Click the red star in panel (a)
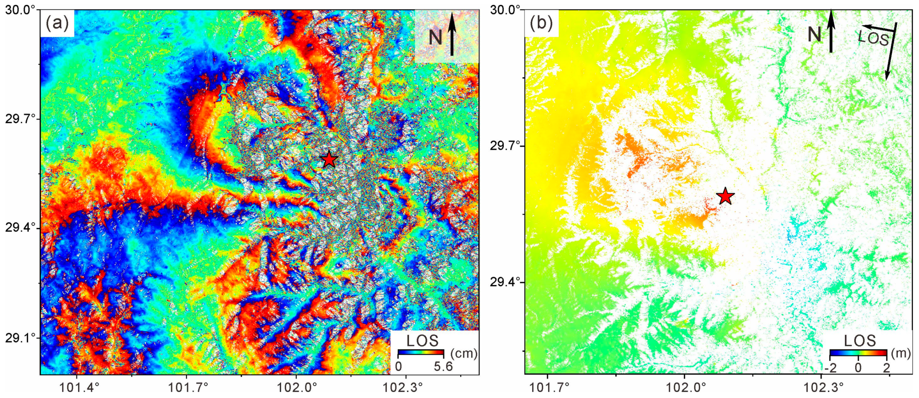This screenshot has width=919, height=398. [x=329, y=159]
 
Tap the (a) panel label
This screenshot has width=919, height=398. [x=57, y=24]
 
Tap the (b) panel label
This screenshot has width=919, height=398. [x=541, y=24]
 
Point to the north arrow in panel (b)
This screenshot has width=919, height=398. [x=831, y=31]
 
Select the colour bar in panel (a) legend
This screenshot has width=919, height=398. [x=421, y=353]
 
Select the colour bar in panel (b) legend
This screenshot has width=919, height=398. [x=858, y=353]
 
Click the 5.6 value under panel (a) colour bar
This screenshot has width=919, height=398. [x=443, y=366]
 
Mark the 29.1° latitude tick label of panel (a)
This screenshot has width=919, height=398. [x=19, y=337]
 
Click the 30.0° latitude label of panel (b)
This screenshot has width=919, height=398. [x=504, y=10]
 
